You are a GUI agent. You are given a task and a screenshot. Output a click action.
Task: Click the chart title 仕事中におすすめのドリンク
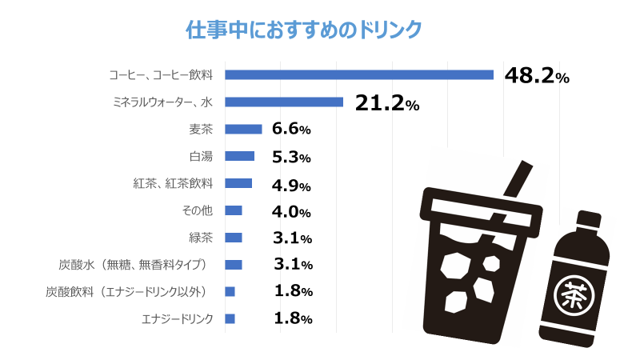click(303, 30)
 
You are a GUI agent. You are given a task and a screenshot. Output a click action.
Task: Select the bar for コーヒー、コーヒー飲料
click(359, 75)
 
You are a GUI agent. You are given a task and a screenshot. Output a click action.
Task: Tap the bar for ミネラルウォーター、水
click(284, 102)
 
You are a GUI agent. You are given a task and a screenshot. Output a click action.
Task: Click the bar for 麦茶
click(243, 130)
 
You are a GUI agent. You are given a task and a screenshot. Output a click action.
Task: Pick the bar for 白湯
click(239, 157)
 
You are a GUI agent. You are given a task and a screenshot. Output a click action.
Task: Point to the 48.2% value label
click(537, 76)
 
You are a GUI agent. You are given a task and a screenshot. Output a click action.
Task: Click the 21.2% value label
click(386, 103)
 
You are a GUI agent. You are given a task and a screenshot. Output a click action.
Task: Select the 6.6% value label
click(291, 130)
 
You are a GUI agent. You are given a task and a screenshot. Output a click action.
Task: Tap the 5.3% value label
click(291, 157)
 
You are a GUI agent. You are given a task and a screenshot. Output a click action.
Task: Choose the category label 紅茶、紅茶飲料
click(173, 183)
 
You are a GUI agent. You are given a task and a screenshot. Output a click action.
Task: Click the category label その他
click(198, 210)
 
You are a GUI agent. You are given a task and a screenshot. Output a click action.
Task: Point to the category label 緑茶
click(201, 238)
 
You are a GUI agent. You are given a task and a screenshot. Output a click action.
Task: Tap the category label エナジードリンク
click(178, 319)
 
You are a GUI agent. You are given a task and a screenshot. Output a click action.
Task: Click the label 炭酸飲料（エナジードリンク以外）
click(129, 292)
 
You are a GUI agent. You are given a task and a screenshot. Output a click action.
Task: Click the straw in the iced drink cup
click(517, 180)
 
